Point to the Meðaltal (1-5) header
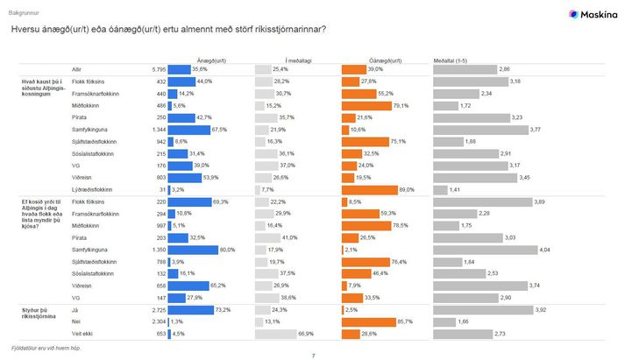(x=451, y=60)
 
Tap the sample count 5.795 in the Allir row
(x=159, y=68)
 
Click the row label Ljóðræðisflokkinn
(x=94, y=187)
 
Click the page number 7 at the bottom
(x=312, y=355)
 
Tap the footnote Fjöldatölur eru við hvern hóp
(x=48, y=348)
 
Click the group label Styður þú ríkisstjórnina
(x=39, y=313)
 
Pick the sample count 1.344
(x=156, y=129)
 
